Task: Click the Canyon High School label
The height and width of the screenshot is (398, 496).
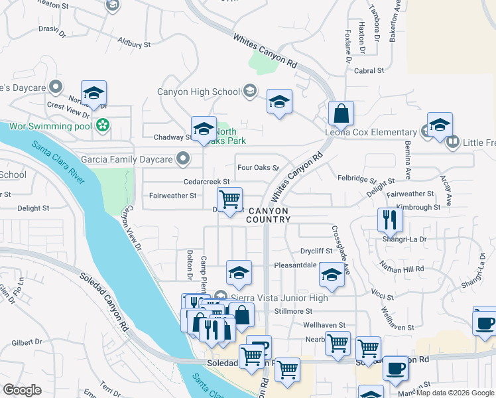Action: point(198,92)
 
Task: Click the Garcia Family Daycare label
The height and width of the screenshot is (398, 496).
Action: point(127,159)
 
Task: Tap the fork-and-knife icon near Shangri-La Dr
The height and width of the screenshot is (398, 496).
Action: point(390,219)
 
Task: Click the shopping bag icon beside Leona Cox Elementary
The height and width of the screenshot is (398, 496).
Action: point(341,113)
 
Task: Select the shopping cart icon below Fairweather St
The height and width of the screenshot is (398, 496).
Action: point(229,198)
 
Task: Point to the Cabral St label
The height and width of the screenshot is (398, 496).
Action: point(369,70)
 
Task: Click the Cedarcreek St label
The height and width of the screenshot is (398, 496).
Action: point(207,182)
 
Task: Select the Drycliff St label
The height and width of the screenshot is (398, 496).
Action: point(316,251)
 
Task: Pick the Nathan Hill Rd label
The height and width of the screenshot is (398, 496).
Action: point(401,269)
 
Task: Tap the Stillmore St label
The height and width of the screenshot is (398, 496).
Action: point(292,310)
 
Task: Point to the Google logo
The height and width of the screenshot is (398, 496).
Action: point(23,390)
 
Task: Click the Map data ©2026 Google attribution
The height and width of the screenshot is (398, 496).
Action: point(456,393)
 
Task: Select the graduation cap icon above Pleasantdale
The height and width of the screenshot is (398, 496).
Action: point(239,271)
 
